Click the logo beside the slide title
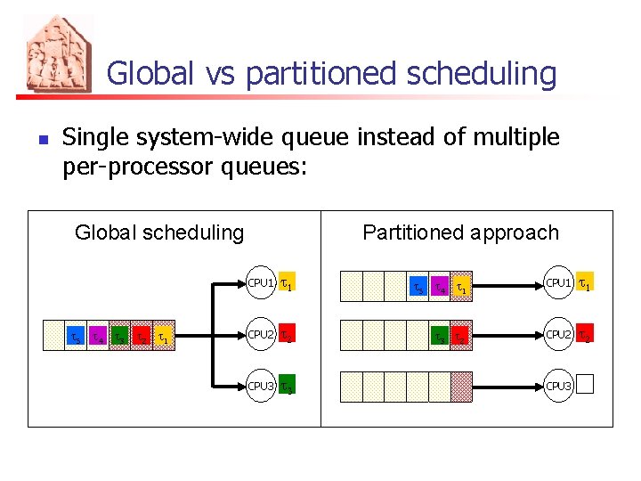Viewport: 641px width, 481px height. pyautogui.click(x=58, y=54)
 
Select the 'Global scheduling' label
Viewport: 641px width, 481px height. pyautogui.click(x=159, y=233)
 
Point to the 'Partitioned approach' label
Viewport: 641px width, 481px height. pyautogui.click(x=460, y=233)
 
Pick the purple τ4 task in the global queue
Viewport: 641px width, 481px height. pyautogui.click(x=99, y=337)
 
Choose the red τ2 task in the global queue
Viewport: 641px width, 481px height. pyautogui.click(x=142, y=337)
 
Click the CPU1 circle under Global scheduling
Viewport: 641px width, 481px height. pyautogui.click(x=260, y=284)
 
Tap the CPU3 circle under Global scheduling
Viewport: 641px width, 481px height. pyautogui.click(x=260, y=387)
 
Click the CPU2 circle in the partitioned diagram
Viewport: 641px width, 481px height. pyautogui.click(x=557, y=335)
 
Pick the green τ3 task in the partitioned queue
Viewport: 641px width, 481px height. pyautogui.click(x=439, y=337)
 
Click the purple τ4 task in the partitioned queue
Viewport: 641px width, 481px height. pyautogui.click(x=439, y=287)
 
